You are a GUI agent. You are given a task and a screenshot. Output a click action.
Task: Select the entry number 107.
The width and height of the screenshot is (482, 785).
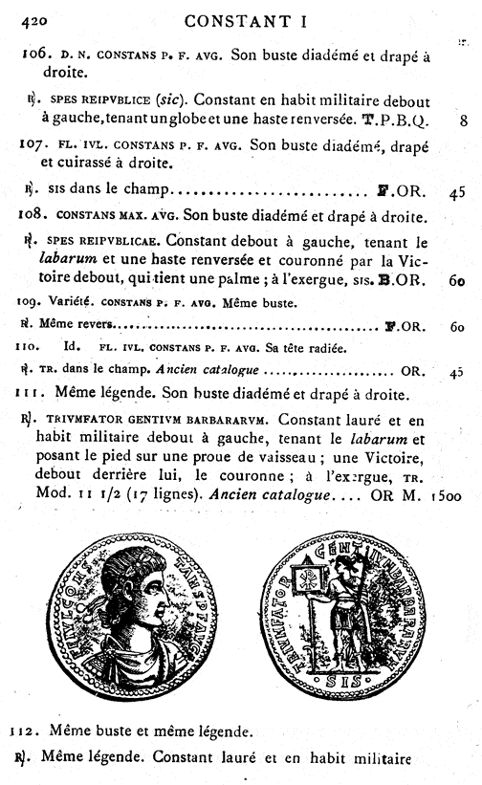35,145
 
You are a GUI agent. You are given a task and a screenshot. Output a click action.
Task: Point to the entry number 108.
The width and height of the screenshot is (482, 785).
35,215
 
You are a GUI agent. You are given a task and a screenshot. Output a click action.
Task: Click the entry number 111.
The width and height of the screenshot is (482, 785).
33,392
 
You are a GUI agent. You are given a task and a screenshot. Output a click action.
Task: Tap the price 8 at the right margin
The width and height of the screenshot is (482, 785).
462,121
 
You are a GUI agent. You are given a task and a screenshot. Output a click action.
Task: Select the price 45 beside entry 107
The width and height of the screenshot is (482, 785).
456,191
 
